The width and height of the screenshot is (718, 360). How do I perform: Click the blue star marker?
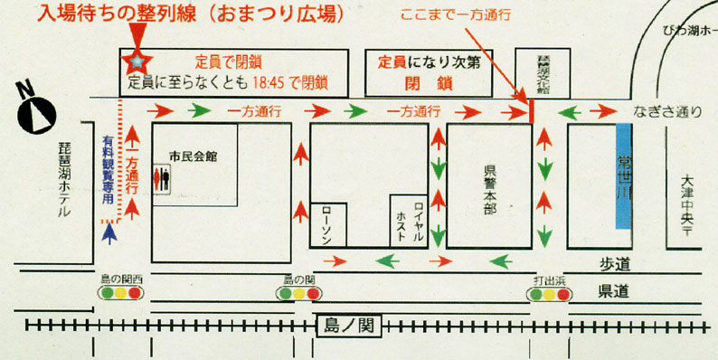(x=137, y=62)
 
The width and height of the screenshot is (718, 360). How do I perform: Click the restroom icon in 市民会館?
(x=163, y=178)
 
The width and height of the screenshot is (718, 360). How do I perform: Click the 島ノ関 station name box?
(x=349, y=325)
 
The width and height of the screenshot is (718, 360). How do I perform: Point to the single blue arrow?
(x=110, y=234)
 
